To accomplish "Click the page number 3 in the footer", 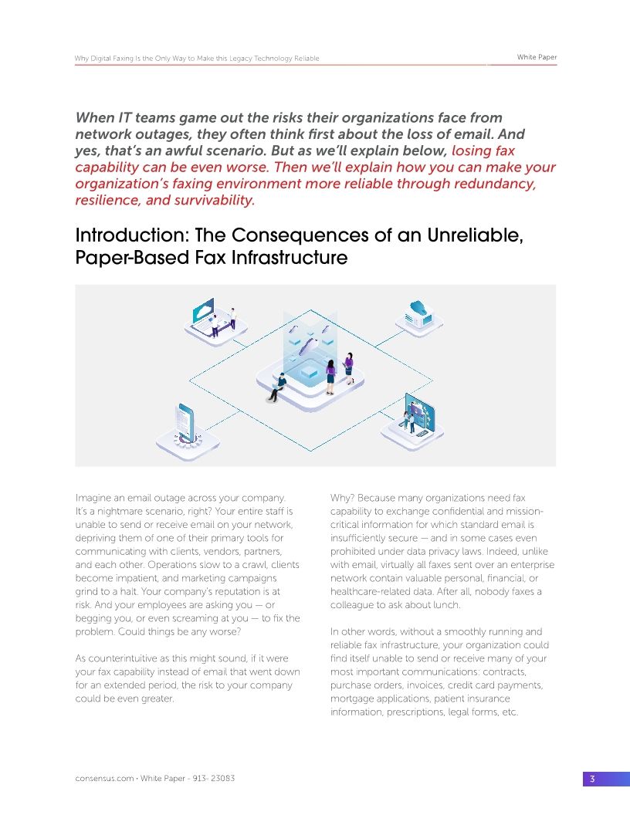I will click(592, 779).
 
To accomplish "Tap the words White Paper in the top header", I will click(537, 58).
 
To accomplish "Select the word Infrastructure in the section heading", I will click(289, 257).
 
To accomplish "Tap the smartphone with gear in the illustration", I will click(186, 424).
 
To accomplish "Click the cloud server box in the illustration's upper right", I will click(419, 313).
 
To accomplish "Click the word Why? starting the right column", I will click(343, 498).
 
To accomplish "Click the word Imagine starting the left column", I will click(95, 498).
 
